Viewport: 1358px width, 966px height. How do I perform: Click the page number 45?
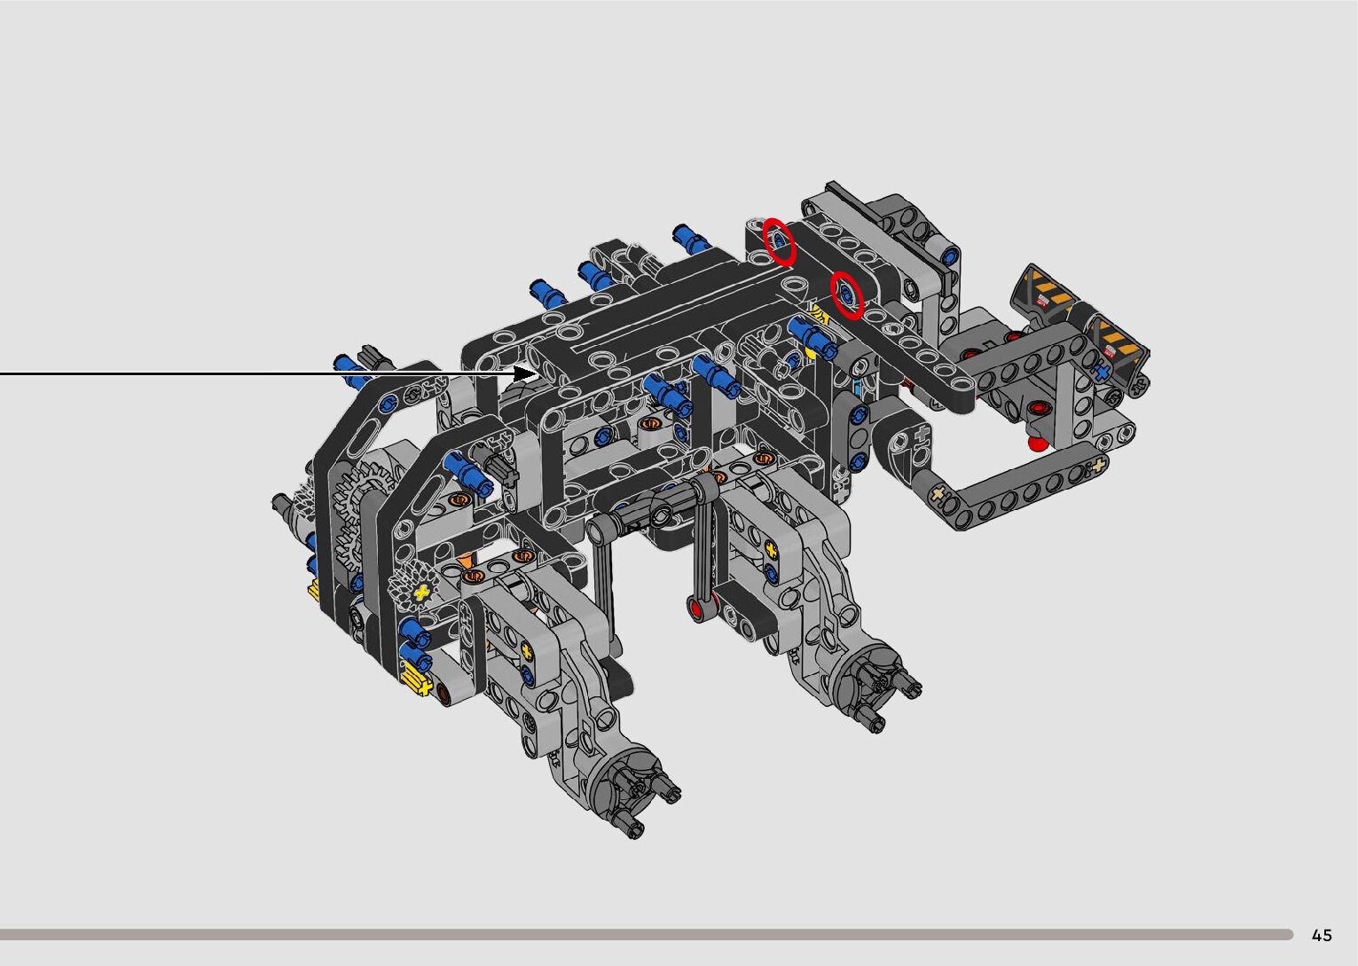click(x=1322, y=934)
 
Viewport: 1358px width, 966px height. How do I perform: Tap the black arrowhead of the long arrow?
click(x=525, y=373)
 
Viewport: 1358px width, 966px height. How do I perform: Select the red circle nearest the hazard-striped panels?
click(x=847, y=295)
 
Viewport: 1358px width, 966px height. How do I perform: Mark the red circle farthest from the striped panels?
click(x=779, y=242)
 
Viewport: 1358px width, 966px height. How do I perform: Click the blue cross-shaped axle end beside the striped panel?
click(x=1103, y=369)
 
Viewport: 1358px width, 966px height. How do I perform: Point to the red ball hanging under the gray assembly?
click(x=1037, y=443)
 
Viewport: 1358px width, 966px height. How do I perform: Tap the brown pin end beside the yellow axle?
click(x=446, y=692)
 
